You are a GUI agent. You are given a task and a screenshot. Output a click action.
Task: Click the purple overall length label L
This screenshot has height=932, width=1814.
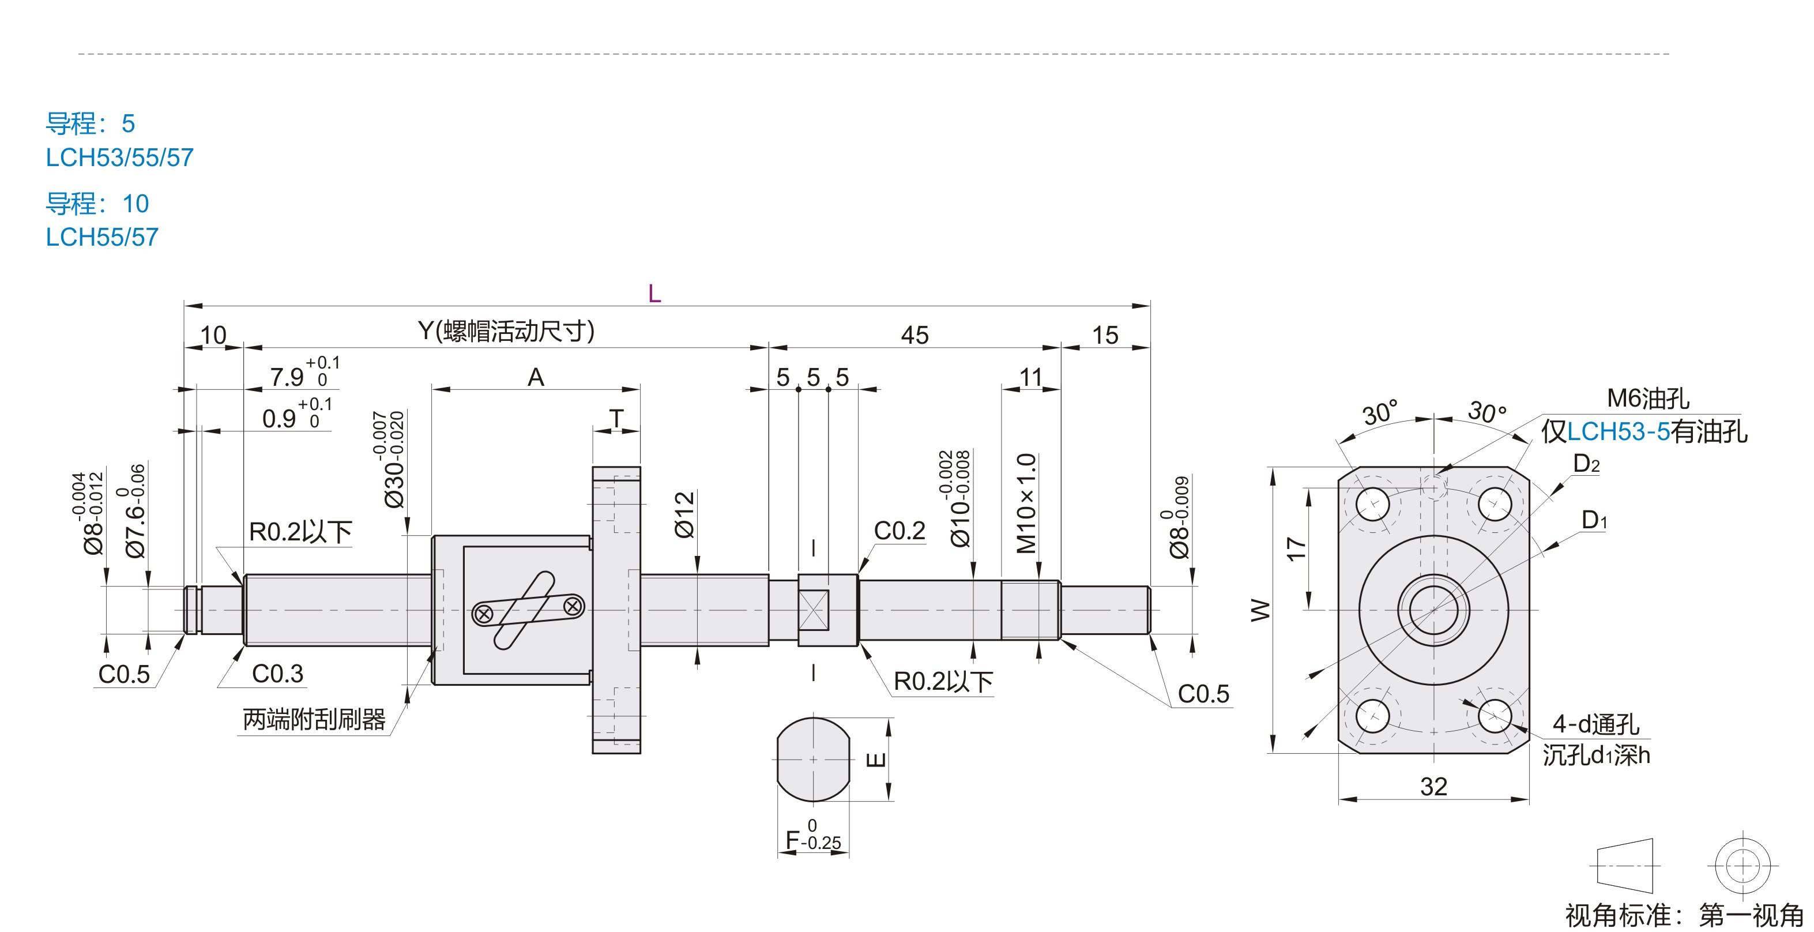click(x=654, y=293)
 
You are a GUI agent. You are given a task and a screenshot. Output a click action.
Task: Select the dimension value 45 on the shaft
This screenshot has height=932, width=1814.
click(x=914, y=335)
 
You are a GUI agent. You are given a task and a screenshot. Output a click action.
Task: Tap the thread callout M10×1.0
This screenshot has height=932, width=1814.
click(x=1027, y=503)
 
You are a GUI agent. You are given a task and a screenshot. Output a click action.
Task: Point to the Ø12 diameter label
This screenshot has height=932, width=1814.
click(x=684, y=515)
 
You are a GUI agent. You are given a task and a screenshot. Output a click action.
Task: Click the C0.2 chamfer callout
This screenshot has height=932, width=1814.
click(x=900, y=531)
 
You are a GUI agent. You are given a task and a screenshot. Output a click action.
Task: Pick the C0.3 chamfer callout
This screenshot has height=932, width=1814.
click(x=277, y=674)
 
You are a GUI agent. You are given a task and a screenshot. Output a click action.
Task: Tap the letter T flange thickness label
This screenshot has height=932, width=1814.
click(x=616, y=419)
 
